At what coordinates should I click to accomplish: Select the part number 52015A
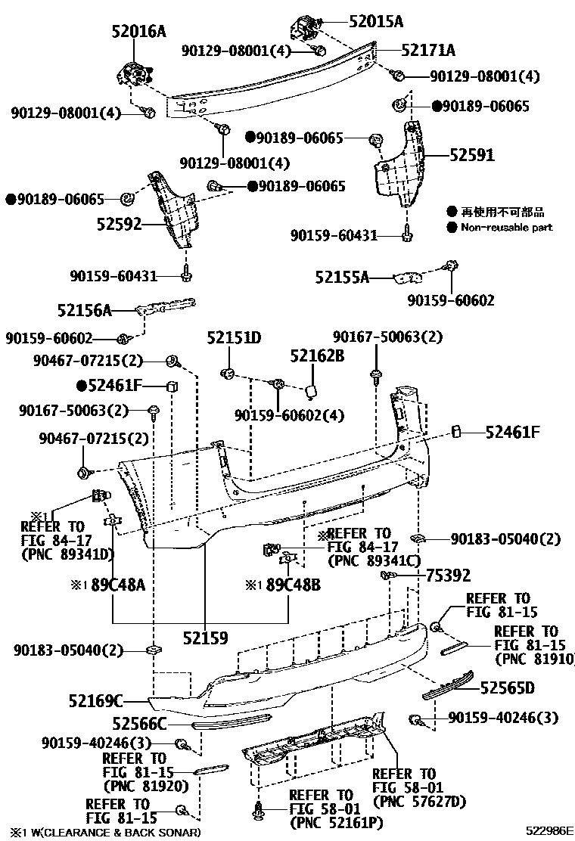[x=376, y=22]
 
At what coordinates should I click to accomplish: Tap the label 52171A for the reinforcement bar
[x=428, y=51]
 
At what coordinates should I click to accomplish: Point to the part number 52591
[x=472, y=155]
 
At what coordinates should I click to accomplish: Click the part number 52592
[x=120, y=224]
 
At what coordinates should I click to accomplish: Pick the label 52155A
[x=342, y=278]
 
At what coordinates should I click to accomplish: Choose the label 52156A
[x=84, y=309]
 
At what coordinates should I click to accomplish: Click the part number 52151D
[x=235, y=337]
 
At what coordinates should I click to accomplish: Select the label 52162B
[x=318, y=355]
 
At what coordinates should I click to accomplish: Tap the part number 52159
[x=205, y=638]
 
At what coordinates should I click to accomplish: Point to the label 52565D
[x=508, y=687]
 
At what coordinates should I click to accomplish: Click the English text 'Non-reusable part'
[x=506, y=227]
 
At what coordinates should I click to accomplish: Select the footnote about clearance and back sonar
[x=106, y=832]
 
